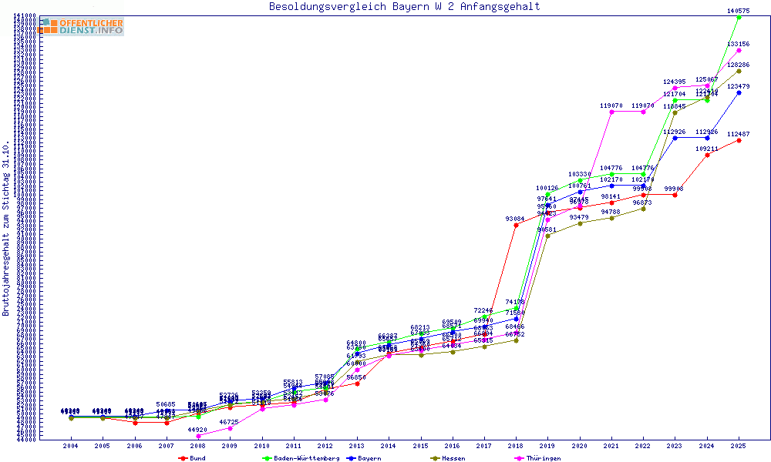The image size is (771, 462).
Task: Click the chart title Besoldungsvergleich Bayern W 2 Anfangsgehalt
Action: click(404, 7)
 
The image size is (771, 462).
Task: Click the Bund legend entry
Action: click(196, 458)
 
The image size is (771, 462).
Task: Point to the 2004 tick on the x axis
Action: click(71, 446)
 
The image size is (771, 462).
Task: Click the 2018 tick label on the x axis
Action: click(516, 446)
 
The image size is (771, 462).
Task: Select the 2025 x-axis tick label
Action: click(739, 446)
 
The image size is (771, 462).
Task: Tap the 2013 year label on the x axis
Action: click(357, 446)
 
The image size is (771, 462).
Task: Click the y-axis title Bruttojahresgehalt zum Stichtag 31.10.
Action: click(6, 228)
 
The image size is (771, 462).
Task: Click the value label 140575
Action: click(739, 11)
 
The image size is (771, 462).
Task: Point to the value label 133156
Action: click(739, 44)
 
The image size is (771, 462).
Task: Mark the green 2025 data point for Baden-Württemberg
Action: click(739, 18)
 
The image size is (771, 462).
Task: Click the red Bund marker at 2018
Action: click(516, 226)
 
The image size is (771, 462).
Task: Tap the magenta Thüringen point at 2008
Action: click(198, 436)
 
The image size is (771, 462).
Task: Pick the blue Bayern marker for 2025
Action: click(739, 92)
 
